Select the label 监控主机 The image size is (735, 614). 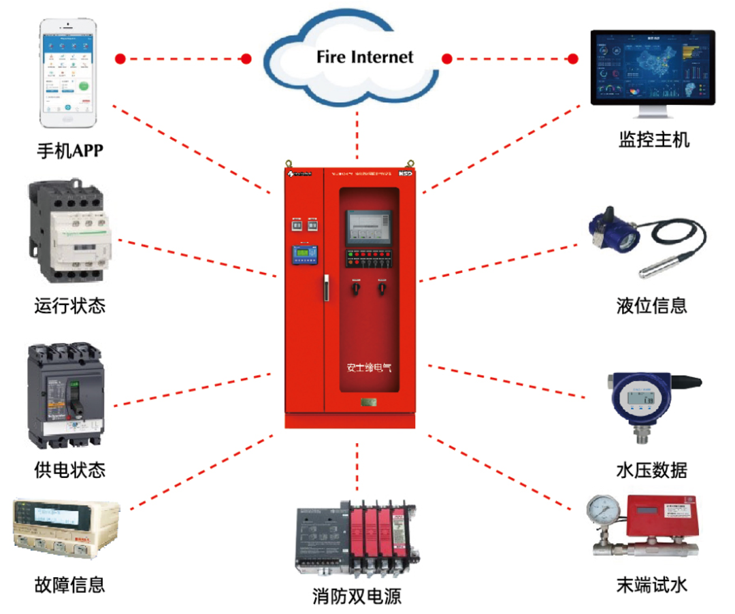click(x=653, y=140)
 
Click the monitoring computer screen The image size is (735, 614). click(x=651, y=67)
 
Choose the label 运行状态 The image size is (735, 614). click(x=70, y=306)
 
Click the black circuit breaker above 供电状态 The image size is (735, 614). click(x=66, y=393)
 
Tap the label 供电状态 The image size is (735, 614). click(x=70, y=470)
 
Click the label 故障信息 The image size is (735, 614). click(x=70, y=584)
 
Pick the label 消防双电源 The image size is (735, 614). click(x=357, y=597)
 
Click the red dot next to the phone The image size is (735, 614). click(x=120, y=59)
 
